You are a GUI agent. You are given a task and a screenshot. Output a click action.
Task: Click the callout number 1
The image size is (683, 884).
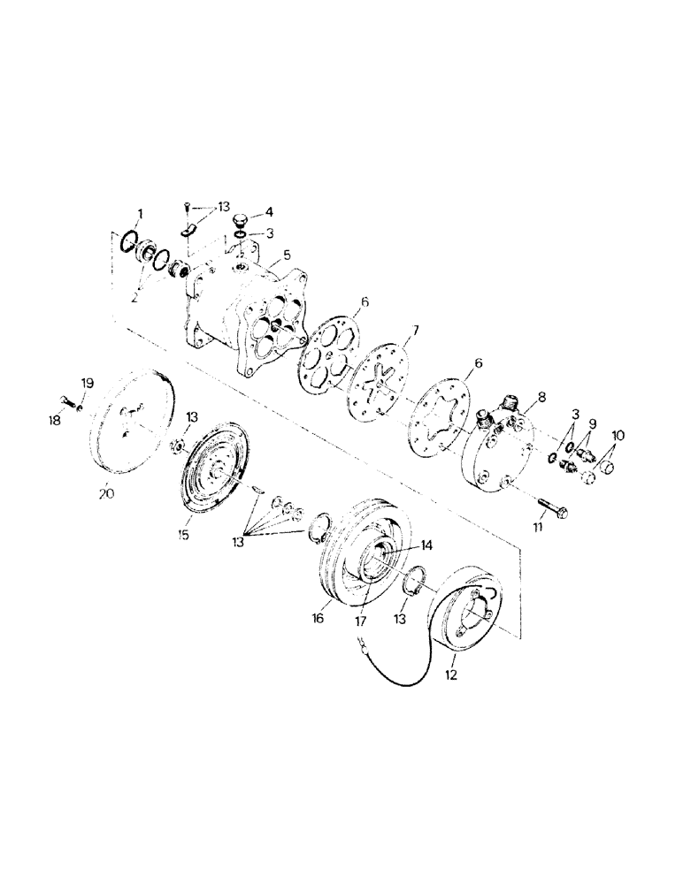[x=138, y=213]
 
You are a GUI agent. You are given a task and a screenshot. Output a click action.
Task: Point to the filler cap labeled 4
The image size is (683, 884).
[x=242, y=219]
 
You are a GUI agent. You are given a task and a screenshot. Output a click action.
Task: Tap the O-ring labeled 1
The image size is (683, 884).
[x=129, y=241]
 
